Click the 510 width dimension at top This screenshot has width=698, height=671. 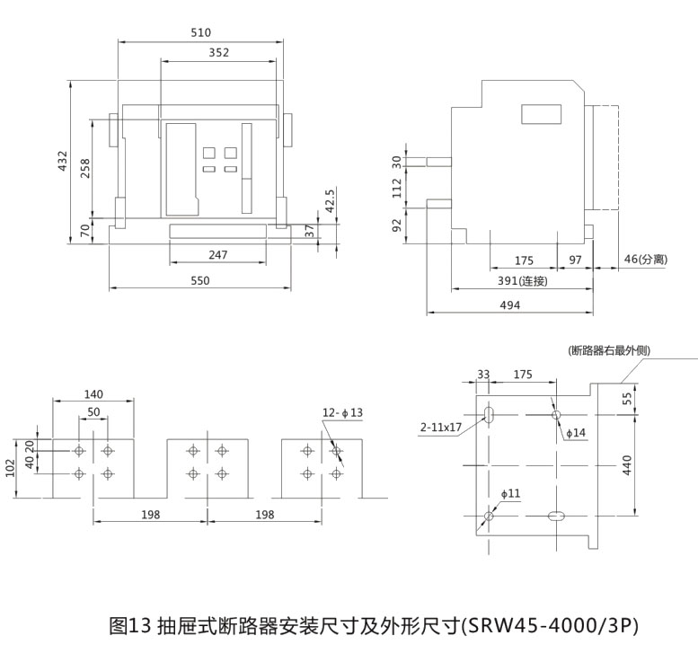(200, 33)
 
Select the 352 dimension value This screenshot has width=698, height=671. (218, 53)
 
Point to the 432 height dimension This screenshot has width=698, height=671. (62, 160)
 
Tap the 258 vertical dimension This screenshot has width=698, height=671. (85, 167)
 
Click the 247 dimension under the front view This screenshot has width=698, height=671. (217, 255)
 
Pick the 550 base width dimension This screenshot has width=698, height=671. (199, 281)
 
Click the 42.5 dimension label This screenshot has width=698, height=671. (329, 199)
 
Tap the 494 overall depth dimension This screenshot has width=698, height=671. (510, 305)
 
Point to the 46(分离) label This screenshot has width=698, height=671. (645, 260)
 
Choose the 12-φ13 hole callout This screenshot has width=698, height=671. (342, 412)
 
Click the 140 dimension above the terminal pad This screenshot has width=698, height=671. (93, 393)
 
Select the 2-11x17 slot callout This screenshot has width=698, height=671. (440, 428)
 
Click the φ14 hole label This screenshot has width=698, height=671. (575, 433)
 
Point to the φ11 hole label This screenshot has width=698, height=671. (510, 493)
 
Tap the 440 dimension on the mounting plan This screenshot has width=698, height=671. (628, 464)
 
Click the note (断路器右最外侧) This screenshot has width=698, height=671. (609, 350)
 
